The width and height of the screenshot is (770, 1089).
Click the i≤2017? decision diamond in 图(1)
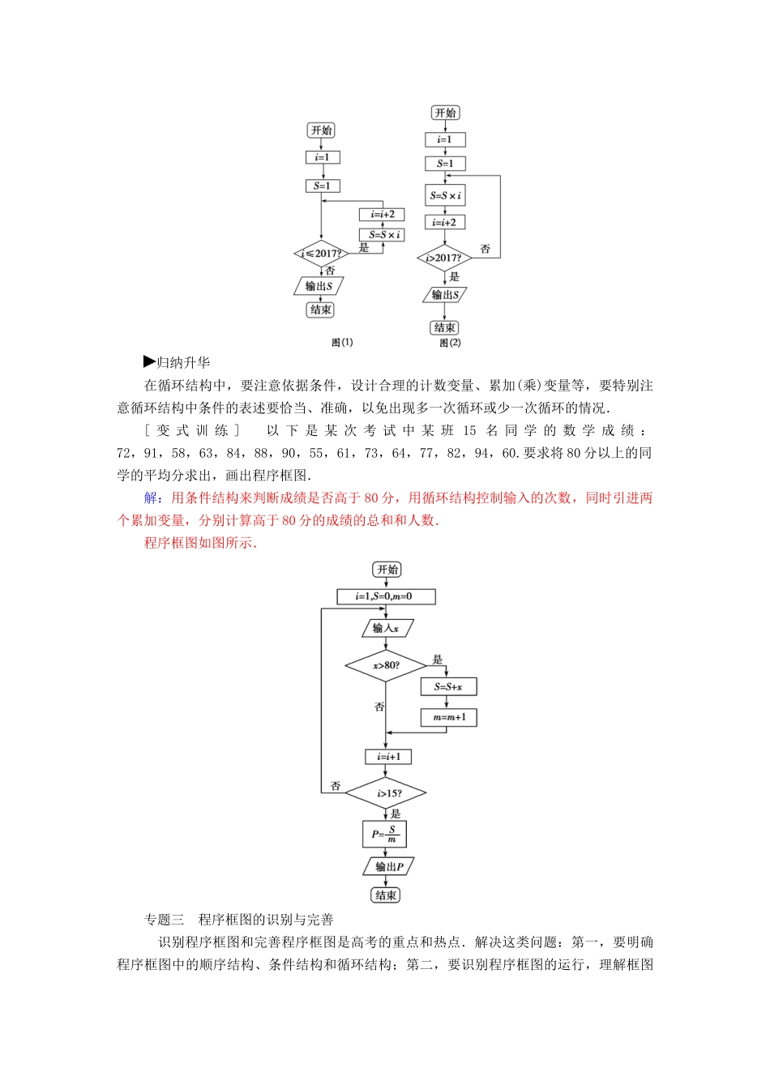(x=321, y=254)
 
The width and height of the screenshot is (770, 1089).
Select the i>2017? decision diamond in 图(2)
(x=444, y=258)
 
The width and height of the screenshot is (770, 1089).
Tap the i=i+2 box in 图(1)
(x=382, y=215)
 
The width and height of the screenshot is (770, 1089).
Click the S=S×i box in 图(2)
(x=445, y=195)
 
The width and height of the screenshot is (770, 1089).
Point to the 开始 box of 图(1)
(x=322, y=130)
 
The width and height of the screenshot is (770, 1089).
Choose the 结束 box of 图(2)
(x=444, y=327)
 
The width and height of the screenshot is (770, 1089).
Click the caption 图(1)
(x=342, y=343)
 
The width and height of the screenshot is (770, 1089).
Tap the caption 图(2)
(x=450, y=343)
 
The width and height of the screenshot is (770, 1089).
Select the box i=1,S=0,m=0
(x=386, y=596)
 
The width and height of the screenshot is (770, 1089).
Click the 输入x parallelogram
(x=387, y=628)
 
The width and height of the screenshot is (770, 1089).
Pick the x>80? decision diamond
(x=386, y=666)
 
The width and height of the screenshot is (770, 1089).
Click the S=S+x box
(x=448, y=687)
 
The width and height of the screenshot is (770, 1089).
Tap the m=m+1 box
(x=449, y=717)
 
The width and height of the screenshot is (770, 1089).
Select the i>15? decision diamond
(x=387, y=793)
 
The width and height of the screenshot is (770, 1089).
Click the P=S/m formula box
(x=384, y=834)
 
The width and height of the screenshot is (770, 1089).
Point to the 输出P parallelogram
(x=388, y=866)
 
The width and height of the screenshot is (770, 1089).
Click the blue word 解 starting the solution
(x=151, y=498)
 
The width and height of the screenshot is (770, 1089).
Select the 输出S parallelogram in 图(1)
(x=319, y=286)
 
